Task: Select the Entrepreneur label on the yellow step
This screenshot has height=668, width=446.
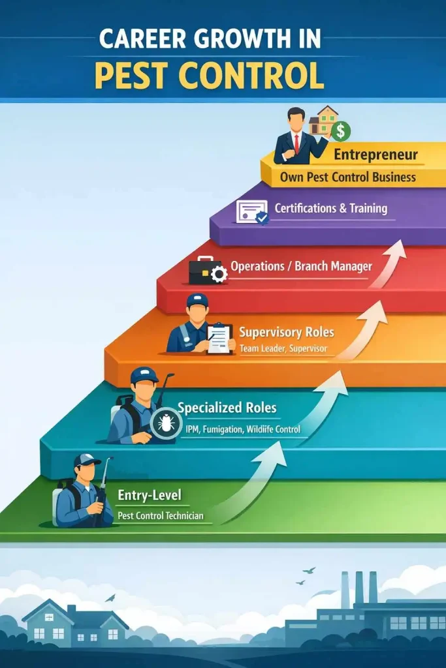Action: click(375, 155)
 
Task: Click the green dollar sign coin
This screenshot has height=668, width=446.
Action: click(340, 132)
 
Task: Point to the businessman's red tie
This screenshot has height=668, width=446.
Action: click(297, 143)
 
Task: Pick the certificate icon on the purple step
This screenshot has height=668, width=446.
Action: click(251, 212)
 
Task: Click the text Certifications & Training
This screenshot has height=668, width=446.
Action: click(330, 209)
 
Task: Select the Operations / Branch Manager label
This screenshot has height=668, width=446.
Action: click(301, 267)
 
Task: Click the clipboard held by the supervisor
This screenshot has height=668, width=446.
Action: click(219, 339)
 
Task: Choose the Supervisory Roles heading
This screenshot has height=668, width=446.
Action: click(286, 332)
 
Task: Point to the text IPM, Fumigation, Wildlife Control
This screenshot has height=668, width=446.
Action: click(239, 429)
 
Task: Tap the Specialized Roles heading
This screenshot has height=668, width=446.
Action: click(227, 408)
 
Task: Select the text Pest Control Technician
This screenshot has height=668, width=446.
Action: click(161, 515)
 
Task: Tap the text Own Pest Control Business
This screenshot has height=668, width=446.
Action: click(347, 177)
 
